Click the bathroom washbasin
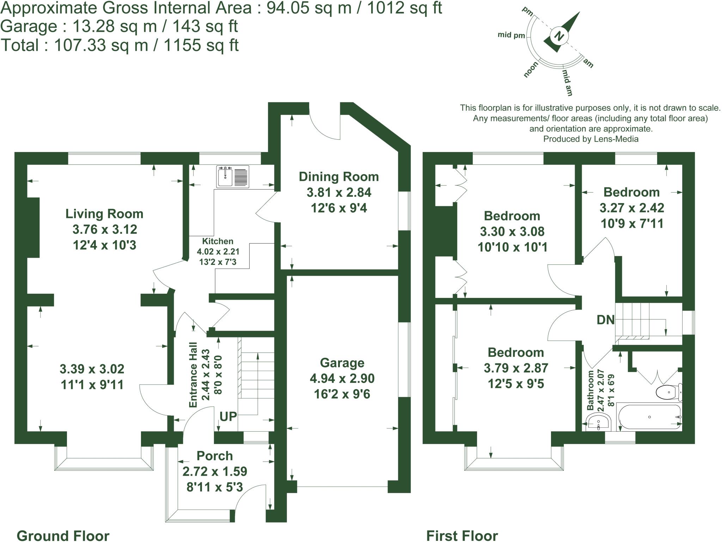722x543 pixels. point(598,422)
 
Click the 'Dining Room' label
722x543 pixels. point(338,177)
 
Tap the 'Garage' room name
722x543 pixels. point(342,363)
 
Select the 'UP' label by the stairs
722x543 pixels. point(228,416)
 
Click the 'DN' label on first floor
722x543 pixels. point(605,320)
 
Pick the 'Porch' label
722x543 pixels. point(214,456)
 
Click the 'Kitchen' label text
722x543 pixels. point(218,241)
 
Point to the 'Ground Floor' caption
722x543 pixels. point(63,536)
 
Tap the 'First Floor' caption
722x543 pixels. point(462,536)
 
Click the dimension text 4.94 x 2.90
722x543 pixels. point(342,378)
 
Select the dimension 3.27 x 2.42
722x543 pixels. point(631,208)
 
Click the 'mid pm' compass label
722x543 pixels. point(511,35)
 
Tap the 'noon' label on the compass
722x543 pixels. point(531,69)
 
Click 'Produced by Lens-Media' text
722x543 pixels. point(591,139)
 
